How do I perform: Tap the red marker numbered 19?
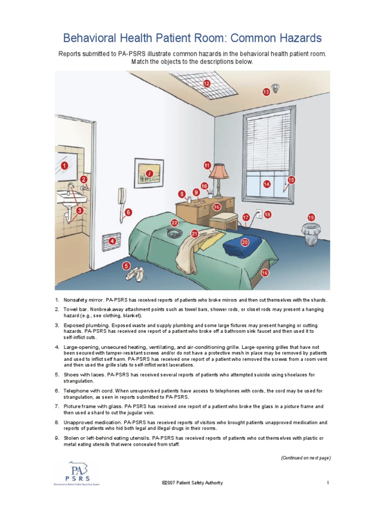click(311, 217)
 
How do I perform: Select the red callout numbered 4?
click(112, 241)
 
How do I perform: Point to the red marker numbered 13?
click(267, 92)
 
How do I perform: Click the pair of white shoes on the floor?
click(134, 274)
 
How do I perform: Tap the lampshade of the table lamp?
click(219, 172)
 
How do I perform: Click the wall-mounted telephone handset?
click(121, 197)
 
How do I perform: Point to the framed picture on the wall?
click(149, 174)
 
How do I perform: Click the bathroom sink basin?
click(71, 198)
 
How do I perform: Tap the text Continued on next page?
click(305, 458)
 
